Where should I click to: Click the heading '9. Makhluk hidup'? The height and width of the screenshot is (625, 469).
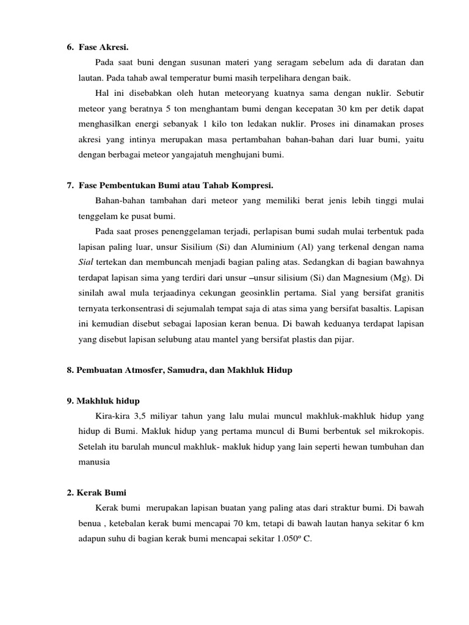click(103, 400)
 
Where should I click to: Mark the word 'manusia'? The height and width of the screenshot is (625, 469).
click(93, 462)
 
